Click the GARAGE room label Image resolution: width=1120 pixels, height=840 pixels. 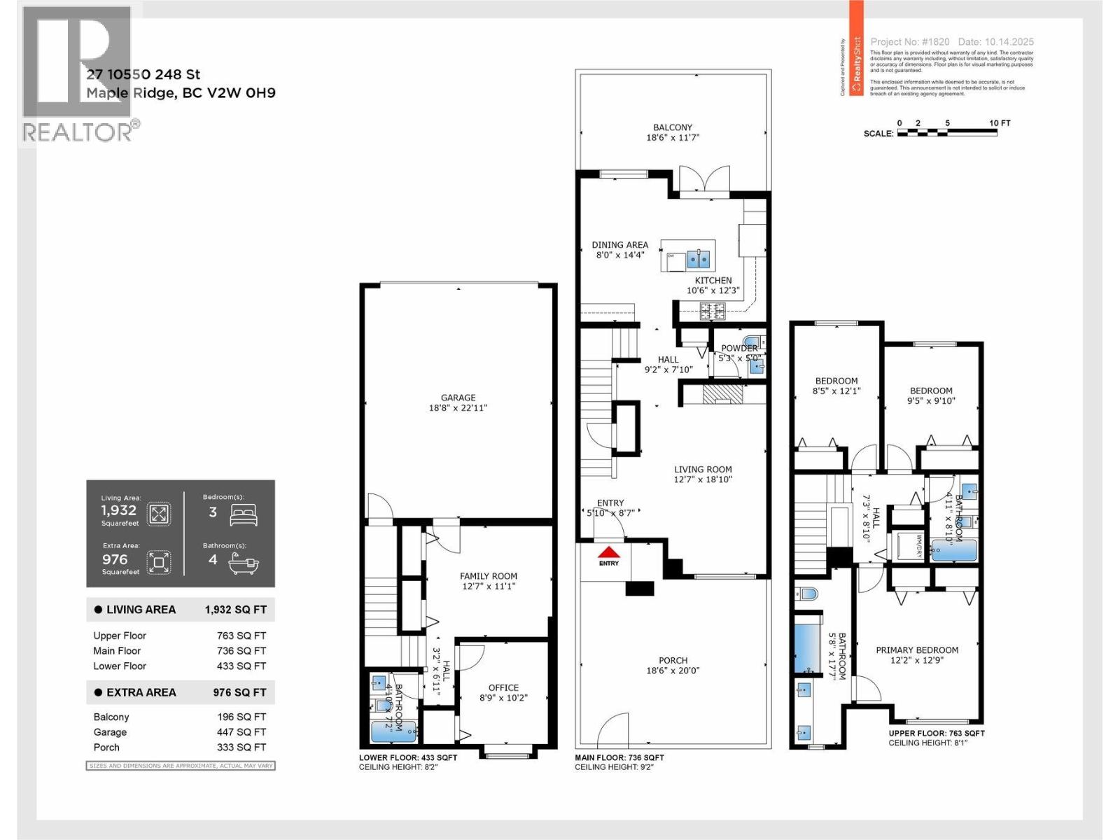pos(458,398)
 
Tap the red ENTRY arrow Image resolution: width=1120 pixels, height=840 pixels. pos(609,552)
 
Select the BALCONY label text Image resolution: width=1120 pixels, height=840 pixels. pos(673,127)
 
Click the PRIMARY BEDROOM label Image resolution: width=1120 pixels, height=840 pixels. pos(917,650)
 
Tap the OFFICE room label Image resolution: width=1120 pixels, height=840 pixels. pos(503,687)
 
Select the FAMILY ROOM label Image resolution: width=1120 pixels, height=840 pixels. pos(488,576)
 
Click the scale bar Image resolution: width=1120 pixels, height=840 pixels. pos(947,132)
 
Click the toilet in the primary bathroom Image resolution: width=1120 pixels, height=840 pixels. pos(807,594)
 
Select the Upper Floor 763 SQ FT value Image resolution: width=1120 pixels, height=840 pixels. pos(241,636)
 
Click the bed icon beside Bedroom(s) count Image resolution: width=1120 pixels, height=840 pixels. pos(243,514)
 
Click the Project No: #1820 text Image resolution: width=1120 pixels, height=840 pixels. pos(909,42)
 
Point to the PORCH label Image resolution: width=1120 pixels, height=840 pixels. pos(673,660)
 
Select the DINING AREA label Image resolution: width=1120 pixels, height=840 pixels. pos(619,245)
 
